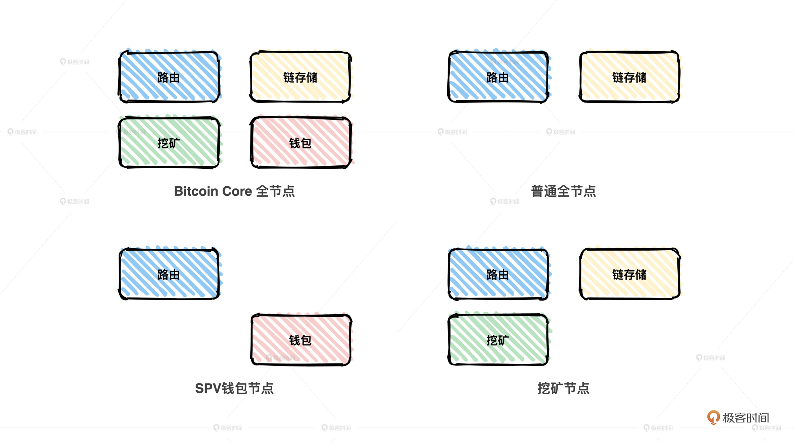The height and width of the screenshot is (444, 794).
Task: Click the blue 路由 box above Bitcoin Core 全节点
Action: (x=169, y=77)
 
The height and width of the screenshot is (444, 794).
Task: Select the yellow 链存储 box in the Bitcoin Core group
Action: (x=301, y=77)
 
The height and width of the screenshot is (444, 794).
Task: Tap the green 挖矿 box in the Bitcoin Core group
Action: (x=169, y=142)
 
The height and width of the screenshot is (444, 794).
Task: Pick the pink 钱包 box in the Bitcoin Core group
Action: (x=301, y=142)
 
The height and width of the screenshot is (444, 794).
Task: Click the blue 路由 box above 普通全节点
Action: (x=498, y=77)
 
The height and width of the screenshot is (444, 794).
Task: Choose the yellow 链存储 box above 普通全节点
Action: (x=629, y=77)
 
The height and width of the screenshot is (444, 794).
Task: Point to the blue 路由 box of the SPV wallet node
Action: (x=169, y=274)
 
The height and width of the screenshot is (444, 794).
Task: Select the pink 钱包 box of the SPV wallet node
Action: (x=301, y=339)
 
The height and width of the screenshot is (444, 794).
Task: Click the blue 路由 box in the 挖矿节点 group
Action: (x=498, y=274)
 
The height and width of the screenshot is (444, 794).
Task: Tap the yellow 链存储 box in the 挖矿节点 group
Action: (x=629, y=274)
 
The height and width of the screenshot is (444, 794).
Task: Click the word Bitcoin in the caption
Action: (x=196, y=191)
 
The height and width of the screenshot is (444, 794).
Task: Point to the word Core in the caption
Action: (x=237, y=191)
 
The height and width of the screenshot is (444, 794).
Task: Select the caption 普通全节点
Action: (x=563, y=191)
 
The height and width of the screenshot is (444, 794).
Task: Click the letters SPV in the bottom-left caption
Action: (x=208, y=388)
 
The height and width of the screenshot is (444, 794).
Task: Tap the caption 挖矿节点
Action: (x=563, y=388)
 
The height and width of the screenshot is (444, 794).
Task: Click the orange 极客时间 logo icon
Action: (x=713, y=417)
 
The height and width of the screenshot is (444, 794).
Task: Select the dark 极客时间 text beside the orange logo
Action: (x=746, y=418)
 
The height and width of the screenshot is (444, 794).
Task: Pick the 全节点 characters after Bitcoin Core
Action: (x=276, y=191)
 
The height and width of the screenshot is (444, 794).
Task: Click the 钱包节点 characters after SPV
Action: (x=248, y=388)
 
